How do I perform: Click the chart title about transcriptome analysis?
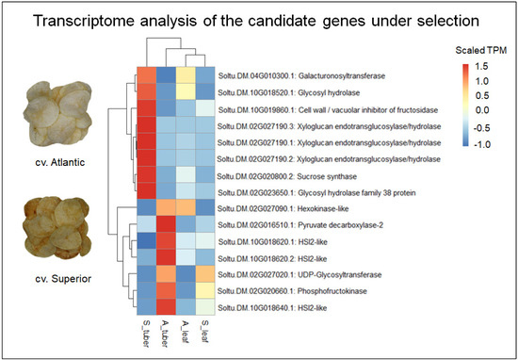click(256, 21)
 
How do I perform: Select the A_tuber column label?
click(166, 333)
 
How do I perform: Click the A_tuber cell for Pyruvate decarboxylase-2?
click(166, 224)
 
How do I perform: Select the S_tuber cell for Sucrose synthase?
click(147, 174)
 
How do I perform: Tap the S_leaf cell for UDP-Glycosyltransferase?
click(205, 274)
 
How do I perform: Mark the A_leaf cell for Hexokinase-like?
click(186, 208)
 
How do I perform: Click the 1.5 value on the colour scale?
click(481, 67)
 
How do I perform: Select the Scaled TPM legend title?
click(481, 51)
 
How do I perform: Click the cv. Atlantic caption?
click(59, 162)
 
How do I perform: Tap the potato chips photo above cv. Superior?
click(57, 228)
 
